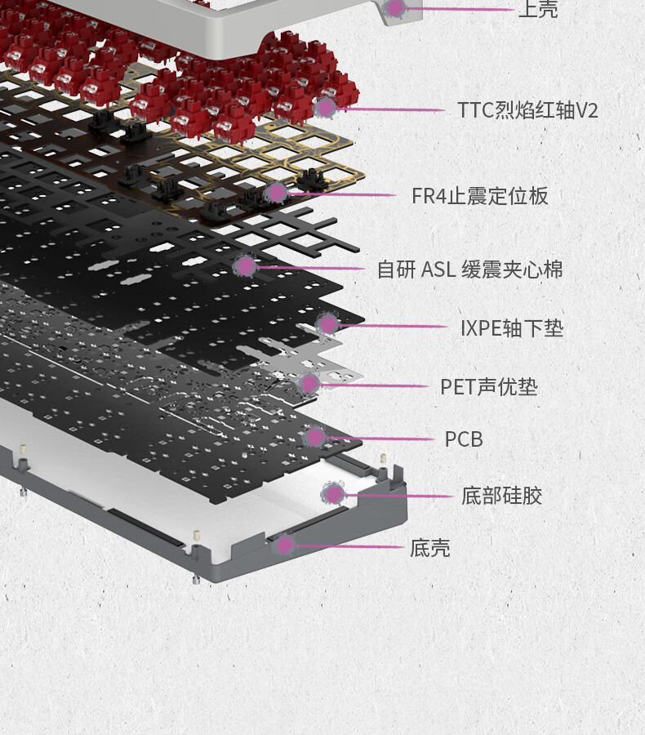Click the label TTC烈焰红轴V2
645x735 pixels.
pos(527,110)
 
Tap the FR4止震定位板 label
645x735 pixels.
pos(479,196)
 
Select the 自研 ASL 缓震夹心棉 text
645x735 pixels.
pos(469,269)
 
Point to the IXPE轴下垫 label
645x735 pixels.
pos(512,328)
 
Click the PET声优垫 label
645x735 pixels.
pos(489,387)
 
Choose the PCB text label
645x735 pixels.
pos(464,439)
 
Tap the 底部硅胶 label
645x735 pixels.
pos(501,496)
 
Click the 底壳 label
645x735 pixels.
pos(429,548)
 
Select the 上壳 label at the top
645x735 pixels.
pos(538,9)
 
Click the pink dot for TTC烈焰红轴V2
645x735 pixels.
pos(325,109)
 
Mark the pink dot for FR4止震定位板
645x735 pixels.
pos(276,192)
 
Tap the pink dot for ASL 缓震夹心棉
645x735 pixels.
pos(245,267)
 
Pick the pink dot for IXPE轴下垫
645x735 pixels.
pos(327,324)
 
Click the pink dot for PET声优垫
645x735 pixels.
pos(309,384)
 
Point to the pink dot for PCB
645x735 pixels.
pos(314,438)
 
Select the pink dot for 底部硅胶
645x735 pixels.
pos(333,493)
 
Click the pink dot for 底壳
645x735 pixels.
pos(284,545)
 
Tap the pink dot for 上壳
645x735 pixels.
pos(394,7)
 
